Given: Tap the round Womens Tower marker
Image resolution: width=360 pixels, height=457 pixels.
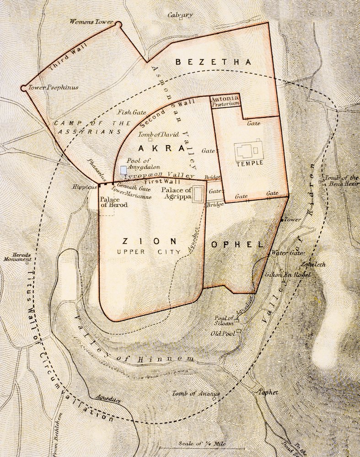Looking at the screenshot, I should [118, 23].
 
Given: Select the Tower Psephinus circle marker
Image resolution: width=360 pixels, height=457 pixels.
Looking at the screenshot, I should [23, 87].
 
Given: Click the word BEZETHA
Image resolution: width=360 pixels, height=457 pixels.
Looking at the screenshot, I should [214, 62].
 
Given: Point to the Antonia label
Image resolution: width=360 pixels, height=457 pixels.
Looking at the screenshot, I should [225, 98].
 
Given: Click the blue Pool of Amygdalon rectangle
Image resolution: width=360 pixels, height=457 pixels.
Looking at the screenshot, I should [123, 170].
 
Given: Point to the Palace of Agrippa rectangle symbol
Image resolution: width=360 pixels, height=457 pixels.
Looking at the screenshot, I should [198, 194].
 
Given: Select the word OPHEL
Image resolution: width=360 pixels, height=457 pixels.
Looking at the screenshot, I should [238, 244].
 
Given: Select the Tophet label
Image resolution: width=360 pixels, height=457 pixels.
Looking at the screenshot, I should [268, 392].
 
